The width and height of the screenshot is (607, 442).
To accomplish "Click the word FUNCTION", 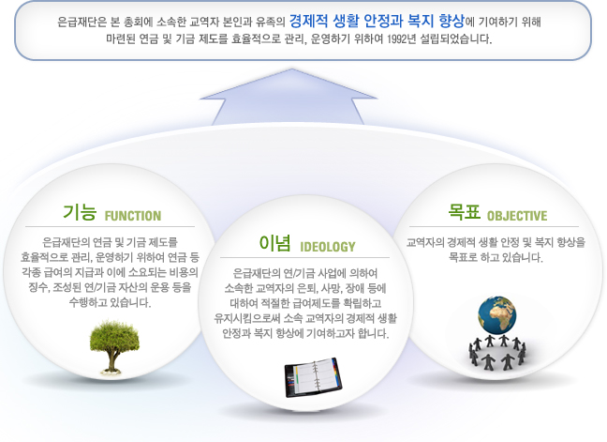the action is coord(133,216).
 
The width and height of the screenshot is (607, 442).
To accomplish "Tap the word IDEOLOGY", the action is coord(328,247).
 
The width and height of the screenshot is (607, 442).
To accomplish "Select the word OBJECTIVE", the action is coord(517,216).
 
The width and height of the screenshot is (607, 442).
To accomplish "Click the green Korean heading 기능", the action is coord(80,212).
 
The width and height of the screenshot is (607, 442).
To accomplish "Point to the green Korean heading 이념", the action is coord(274,243).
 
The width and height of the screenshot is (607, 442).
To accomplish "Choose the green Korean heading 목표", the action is coord(464,212).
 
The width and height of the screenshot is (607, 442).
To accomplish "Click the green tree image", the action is coord(114,346).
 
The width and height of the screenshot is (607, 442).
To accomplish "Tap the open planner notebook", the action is coord(313,377).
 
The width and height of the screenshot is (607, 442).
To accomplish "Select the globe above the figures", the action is coord(497,315).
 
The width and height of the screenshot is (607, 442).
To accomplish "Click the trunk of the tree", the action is coord(111,360).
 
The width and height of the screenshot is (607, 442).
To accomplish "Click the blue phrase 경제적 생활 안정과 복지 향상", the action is coord(377,21).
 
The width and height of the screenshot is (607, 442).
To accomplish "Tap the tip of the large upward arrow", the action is coord(292,69).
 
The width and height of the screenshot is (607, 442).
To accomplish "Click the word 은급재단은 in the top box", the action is coord(82,22).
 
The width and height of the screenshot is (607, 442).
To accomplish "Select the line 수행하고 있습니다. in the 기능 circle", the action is coord(110,302).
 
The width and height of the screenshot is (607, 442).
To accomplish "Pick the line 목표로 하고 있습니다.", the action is coord(496,257).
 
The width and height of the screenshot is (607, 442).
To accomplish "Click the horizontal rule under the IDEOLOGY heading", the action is coord(304,257).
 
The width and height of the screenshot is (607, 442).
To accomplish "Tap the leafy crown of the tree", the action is coord(114,336).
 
